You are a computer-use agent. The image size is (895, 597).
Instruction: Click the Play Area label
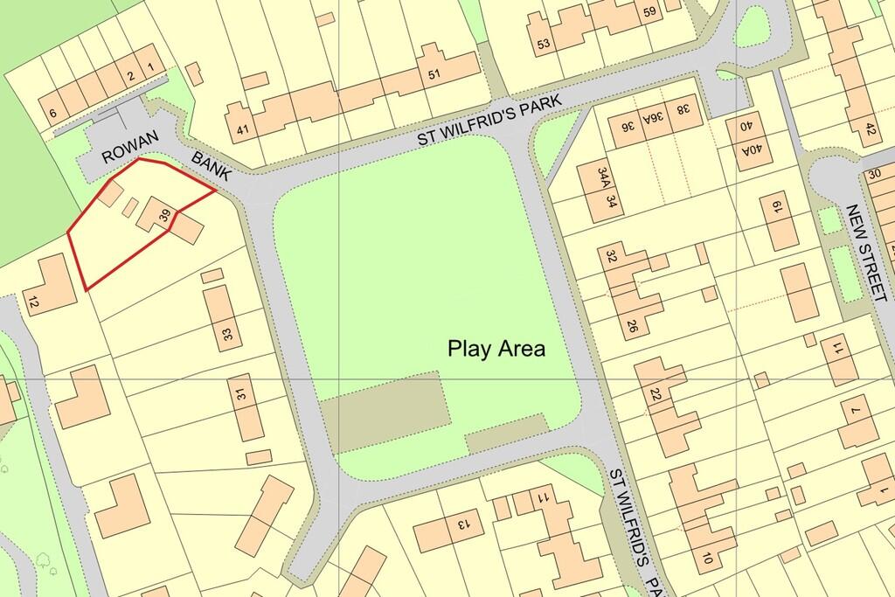pos(496,350)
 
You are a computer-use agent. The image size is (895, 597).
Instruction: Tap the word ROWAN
pos(123,155)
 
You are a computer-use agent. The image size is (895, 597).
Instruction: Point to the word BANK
pos(211,166)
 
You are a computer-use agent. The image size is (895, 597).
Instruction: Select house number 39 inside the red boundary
pos(163,212)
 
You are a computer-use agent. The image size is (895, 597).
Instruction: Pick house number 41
pos(242,131)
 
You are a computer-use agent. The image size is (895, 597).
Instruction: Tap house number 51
pos(434,74)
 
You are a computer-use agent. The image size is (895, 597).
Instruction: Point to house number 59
pos(649,12)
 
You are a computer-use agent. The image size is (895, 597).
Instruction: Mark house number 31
pos(241,395)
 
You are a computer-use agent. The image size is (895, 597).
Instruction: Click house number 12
pos(33,304)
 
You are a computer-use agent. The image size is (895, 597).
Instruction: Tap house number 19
pos(776,207)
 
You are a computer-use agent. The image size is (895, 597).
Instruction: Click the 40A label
pos(751,149)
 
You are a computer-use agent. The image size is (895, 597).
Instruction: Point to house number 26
pos(631,328)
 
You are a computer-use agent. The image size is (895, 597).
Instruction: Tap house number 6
pos(52,113)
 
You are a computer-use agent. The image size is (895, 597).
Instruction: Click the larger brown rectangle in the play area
pos(385,420)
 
